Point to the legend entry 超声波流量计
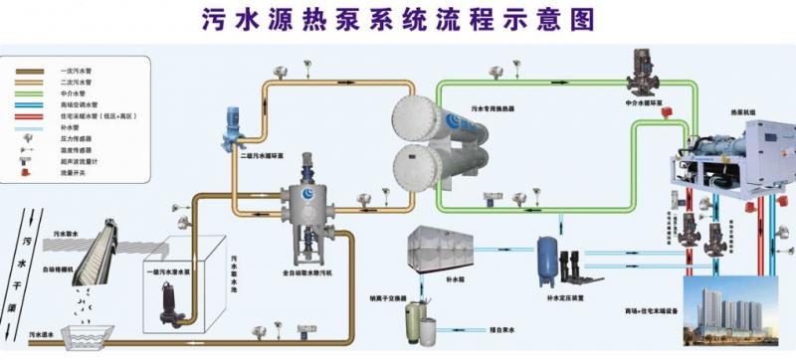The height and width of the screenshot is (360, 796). click(x=74, y=161)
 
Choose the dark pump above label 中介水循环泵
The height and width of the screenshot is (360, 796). click(x=636, y=69)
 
